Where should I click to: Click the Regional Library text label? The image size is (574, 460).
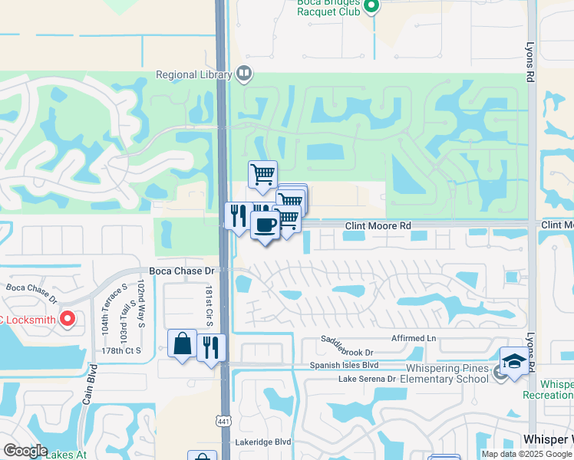coord(193,75)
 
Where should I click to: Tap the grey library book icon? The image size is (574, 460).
coord(244,74)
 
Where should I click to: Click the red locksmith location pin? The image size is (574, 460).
coord(68,318)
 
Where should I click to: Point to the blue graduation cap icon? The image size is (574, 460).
coord(515,361)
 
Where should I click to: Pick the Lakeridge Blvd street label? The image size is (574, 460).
coord(263,442)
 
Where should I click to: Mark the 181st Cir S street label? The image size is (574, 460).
coord(208,306)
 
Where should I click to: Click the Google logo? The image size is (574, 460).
coord(25,451)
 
